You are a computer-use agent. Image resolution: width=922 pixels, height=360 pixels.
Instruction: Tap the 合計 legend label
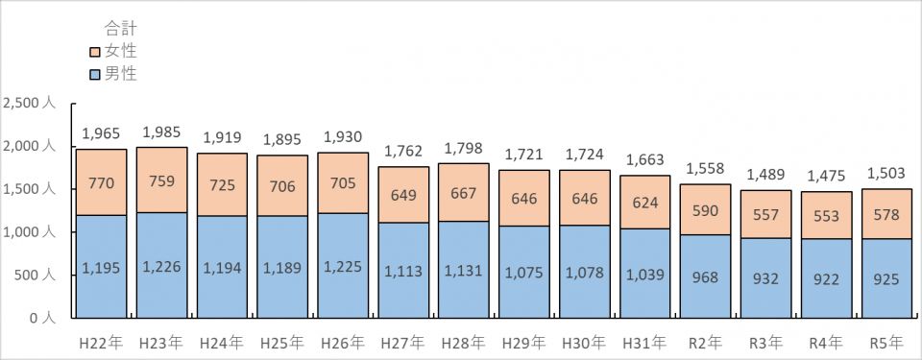pyautogui.click(x=121, y=28)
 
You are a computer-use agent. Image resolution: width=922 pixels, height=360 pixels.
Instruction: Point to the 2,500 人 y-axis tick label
pyautogui.click(x=30, y=104)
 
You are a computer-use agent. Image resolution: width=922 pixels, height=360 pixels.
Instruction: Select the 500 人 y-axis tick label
pyautogui.click(x=35, y=276)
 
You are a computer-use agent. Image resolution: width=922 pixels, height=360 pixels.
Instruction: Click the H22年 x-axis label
pyautogui.click(x=101, y=343)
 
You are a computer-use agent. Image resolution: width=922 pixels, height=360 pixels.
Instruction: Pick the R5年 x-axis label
pyautogui.click(x=886, y=343)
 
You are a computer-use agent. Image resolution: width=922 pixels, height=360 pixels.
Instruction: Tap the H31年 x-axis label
pyautogui.click(x=644, y=343)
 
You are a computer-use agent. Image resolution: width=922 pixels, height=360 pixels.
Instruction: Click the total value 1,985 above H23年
pyautogui.click(x=161, y=132)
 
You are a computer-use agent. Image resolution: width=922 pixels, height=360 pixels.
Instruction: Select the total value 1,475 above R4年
pyautogui.click(x=826, y=176)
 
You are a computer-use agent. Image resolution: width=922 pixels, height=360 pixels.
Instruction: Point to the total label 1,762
pyautogui.click(x=403, y=151)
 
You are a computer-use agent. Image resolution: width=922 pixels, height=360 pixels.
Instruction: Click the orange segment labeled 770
pyautogui.click(x=101, y=182)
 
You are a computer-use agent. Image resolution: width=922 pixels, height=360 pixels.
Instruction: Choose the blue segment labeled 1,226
pyautogui.click(x=161, y=265)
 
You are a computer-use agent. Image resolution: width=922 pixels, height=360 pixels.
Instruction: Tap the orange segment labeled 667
pyautogui.click(x=464, y=192)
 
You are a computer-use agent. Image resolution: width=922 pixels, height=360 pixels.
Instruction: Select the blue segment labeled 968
pyautogui.click(x=706, y=276)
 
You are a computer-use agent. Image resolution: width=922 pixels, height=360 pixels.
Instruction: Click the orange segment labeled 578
pyautogui.click(x=886, y=214)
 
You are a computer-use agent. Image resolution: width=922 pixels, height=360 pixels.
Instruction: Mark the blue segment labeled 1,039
pyautogui.click(x=645, y=274)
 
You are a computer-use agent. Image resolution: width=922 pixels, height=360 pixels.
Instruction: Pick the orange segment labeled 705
pyautogui.click(x=343, y=183)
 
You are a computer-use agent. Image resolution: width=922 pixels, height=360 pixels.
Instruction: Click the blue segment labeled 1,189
pyautogui.click(x=282, y=267)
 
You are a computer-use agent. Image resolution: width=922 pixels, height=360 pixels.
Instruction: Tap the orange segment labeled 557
pyautogui.click(x=765, y=214)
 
